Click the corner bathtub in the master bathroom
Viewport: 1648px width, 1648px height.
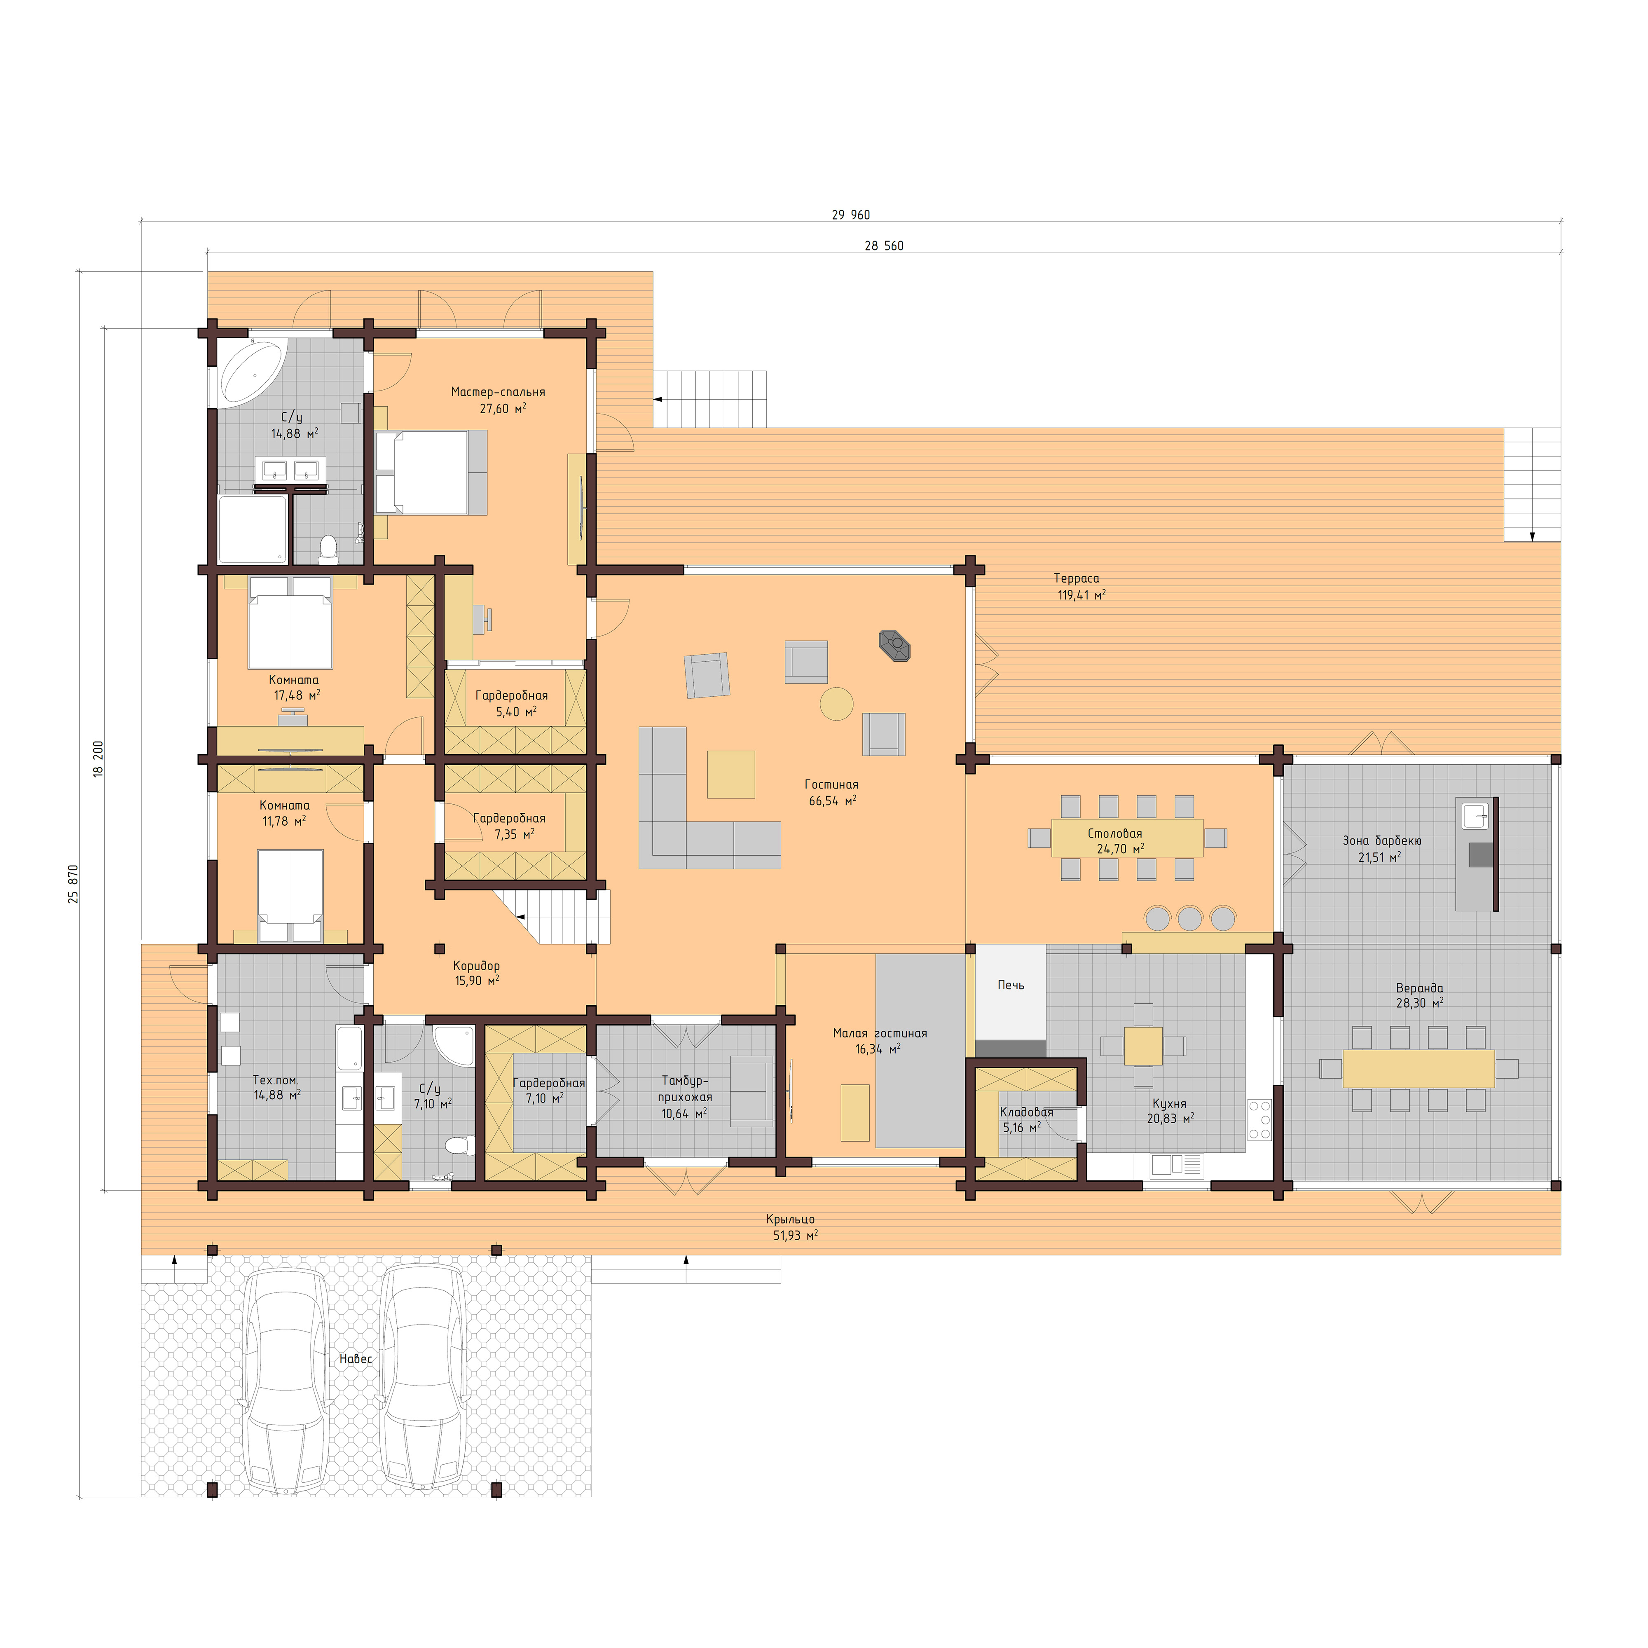(x=253, y=373)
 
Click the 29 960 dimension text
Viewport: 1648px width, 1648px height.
(x=850, y=215)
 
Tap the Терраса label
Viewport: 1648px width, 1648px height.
(x=1077, y=578)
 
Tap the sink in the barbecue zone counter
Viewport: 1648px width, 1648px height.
(x=1476, y=815)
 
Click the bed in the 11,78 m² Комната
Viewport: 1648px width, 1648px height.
(x=291, y=895)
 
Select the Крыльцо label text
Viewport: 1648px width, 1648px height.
(x=790, y=1220)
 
